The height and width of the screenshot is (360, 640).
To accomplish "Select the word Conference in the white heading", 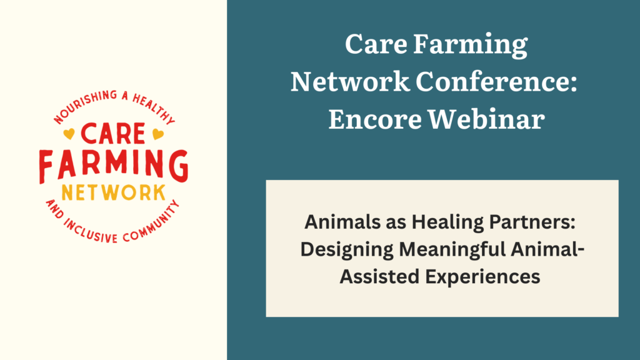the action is click(496, 81).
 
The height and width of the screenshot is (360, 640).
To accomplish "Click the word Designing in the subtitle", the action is click(347, 250).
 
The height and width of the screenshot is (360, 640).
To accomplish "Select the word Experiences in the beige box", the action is click(483, 277).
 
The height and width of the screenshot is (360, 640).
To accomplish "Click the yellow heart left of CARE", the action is click(69, 134).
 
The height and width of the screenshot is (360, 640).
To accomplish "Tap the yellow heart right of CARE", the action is click(158, 134).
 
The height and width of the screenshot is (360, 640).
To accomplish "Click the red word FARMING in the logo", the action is click(114, 166).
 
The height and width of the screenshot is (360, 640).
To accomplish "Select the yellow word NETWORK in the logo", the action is click(114, 193).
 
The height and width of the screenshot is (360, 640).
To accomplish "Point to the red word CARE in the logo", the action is click(113, 134).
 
